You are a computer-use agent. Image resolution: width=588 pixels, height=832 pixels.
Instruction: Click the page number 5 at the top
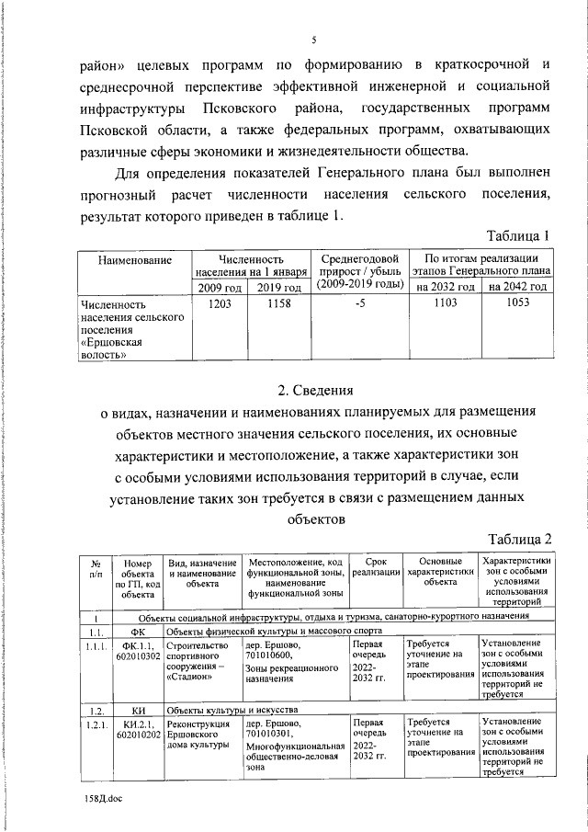click(x=313, y=40)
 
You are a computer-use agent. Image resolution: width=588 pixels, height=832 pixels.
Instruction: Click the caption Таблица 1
click(x=518, y=236)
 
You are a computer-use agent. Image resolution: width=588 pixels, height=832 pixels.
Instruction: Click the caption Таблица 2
click(x=518, y=538)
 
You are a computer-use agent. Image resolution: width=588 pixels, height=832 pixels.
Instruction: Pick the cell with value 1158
click(x=279, y=303)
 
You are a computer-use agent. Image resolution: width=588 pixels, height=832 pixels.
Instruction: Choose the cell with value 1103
click(x=446, y=303)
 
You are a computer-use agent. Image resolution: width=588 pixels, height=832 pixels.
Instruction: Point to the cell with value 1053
click(x=518, y=303)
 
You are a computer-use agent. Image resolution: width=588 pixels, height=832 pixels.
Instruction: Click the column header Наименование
click(x=134, y=261)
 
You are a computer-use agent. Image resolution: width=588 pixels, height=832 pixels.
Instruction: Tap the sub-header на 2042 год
click(x=518, y=288)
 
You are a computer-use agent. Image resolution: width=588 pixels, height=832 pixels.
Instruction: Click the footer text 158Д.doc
click(x=97, y=800)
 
